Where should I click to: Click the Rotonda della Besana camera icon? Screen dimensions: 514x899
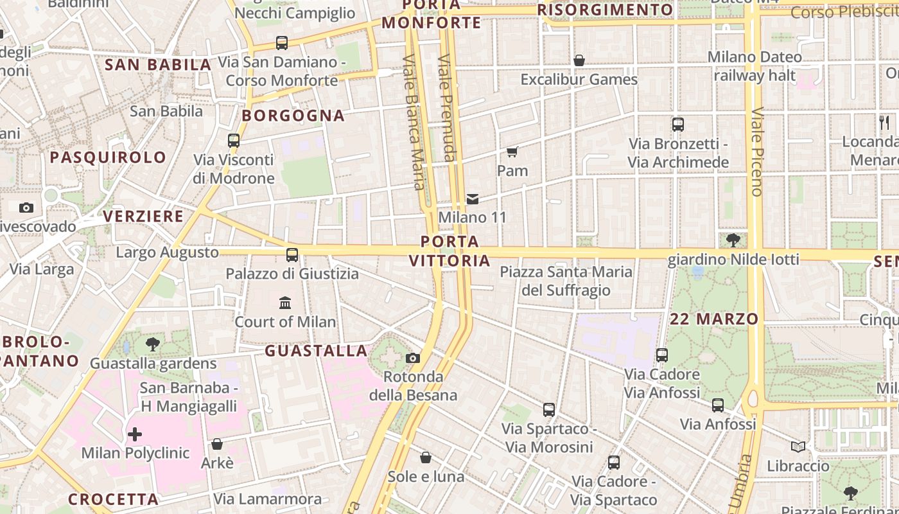[413, 358]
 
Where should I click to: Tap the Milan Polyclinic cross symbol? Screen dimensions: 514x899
[135, 434]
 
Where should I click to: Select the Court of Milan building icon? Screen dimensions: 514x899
[285, 303]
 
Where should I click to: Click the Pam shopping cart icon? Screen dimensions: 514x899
[512, 152]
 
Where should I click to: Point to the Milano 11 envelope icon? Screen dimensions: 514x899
[473, 199]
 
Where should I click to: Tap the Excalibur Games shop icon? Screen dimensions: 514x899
[579, 60]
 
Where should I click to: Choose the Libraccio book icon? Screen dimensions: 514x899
[798, 447]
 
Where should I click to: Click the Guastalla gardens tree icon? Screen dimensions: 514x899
[153, 344]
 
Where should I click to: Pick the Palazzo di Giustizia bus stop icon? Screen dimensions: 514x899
[292, 255]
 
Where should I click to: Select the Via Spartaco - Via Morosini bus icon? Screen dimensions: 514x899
[548, 410]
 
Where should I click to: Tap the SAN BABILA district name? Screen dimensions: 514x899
[158, 64]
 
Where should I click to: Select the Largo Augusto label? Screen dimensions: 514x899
[167, 253]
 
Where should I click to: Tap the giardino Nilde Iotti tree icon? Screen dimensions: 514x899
[733, 240]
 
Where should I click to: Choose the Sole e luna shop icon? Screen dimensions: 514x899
[425, 457]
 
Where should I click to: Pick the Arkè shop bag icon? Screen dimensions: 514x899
[217, 444]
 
